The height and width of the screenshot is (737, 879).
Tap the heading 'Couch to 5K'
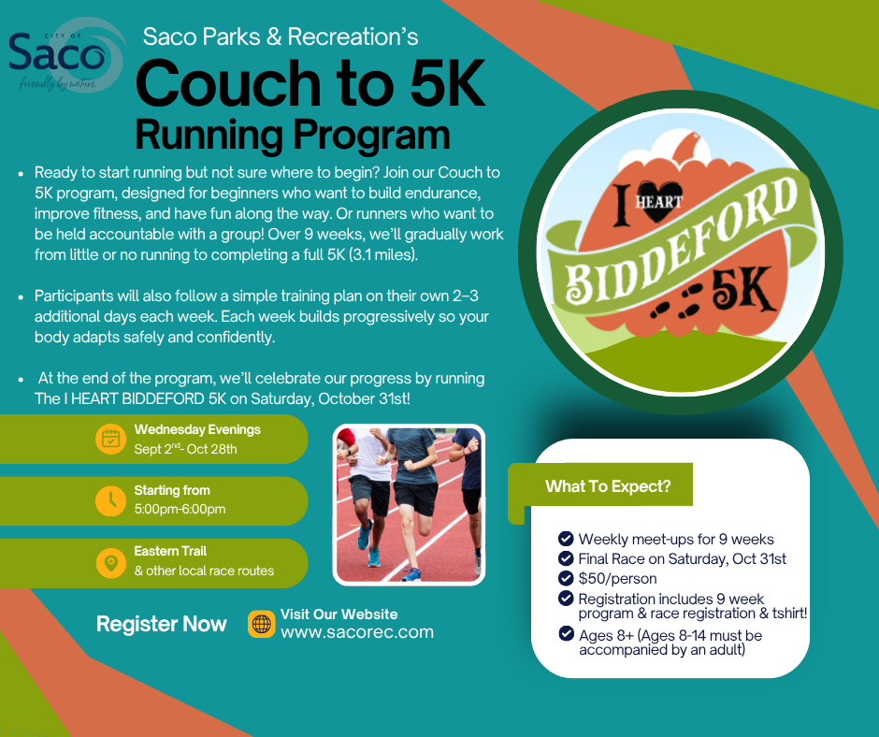click(310, 83)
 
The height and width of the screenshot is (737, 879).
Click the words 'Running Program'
click(293, 135)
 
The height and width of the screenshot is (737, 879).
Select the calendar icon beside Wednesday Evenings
click(111, 439)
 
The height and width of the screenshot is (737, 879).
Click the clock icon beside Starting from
click(111, 500)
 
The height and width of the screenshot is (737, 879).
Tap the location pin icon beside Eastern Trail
click(111, 562)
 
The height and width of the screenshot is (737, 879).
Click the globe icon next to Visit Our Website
click(261, 624)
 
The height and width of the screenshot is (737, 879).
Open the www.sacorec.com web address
click(357, 632)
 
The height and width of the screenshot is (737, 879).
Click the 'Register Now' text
click(162, 624)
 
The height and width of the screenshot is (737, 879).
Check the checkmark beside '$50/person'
click(566, 578)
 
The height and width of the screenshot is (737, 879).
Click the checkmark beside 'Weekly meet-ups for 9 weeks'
click(566, 539)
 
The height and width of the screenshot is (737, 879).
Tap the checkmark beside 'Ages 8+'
click(566, 633)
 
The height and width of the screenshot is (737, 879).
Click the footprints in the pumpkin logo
click(675, 301)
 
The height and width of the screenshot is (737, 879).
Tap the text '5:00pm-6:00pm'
click(180, 510)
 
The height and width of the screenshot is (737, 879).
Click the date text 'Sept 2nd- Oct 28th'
click(185, 449)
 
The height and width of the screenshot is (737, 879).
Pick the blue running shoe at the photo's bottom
click(411, 575)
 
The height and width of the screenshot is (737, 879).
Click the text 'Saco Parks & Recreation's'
click(281, 37)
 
